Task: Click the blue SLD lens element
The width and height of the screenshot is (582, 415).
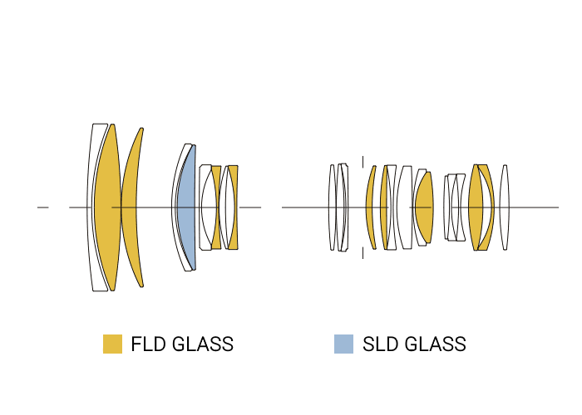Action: coord(186,207)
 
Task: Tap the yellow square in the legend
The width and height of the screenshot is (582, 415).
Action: coord(112,344)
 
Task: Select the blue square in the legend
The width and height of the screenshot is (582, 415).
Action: coord(343,344)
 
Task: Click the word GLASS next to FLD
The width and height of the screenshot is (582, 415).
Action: coord(204,344)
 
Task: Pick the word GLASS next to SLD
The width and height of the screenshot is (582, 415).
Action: coord(436,344)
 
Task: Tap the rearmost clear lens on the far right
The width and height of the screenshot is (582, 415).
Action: coord(505,207)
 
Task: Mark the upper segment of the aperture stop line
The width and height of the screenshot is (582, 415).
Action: coord(363,162)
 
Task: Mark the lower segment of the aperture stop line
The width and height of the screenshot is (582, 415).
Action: coord(363,251)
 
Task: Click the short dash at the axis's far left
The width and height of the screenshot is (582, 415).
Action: coord(43,207)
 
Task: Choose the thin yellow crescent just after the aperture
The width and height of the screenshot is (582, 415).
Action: coord(370,207)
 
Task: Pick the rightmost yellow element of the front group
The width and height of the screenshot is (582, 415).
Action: coord(234,207)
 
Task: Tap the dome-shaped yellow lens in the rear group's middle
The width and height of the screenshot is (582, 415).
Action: coord(424,207)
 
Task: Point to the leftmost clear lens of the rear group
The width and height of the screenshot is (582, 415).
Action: coord(332,207)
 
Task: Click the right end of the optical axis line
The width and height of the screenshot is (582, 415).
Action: coord(557,207)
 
